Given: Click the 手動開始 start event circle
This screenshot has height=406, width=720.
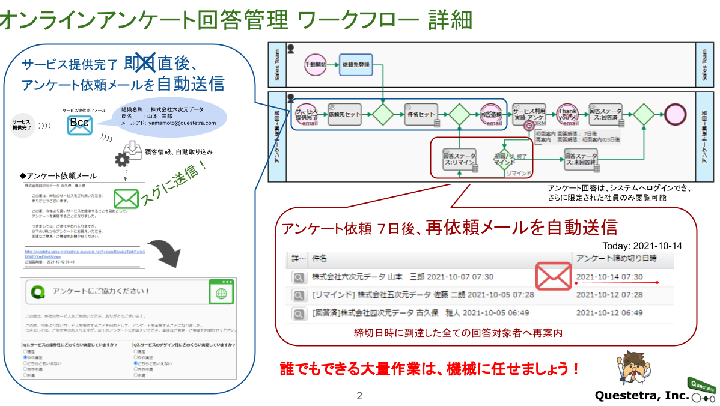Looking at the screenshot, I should pyautogui.click(x=315, y=64).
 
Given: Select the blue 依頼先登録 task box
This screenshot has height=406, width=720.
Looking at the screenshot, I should pyautogui.click(x=355, y=64).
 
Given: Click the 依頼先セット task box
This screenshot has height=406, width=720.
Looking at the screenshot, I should pyautogui.click(x=345, y=114).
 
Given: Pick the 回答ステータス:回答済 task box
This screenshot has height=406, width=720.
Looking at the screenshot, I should pyautogui.click(x=606, y=114).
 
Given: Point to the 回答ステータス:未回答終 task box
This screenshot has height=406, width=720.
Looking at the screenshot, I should pyautogui.click(x=580, y=159).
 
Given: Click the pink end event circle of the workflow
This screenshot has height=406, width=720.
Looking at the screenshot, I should pyautogui.click(x=676, y=114).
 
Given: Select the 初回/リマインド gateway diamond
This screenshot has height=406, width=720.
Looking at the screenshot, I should pyautogui.click(x=504, y=159).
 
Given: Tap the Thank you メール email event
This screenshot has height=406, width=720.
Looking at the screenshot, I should pyautogui.click(x=567, y=114).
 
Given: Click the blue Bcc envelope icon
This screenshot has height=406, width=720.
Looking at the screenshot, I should pyautogui.click(x=80, y=124).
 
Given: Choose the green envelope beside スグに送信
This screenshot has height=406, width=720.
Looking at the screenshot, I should pyautogui.click(x=126, y=198).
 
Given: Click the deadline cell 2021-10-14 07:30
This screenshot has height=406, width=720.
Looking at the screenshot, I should pyautogui.click(x=609, y=277).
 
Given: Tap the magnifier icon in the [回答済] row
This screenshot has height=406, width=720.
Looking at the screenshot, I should pyautogui.click(x=298, y=314).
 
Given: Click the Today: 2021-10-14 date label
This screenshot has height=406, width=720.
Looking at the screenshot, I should pyautogui.click(x=642, y=246).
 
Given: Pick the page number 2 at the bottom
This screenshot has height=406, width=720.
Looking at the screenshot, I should pyautogui.click(x=359, y=396).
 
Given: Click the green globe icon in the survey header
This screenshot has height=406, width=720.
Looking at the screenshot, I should pyautogui.click(x=221, y=292).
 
